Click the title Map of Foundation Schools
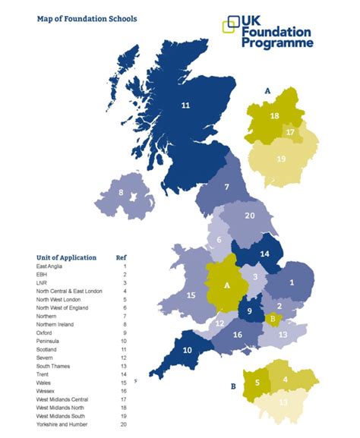pos(87,18)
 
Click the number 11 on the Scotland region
pos(185,106)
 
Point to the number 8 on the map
pos(121,193)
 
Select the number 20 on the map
pos(250,216)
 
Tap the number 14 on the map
pos(264,254)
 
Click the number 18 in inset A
pos(275,115)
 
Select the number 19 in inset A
pos(282,159)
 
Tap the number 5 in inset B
pos(257,383)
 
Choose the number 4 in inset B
pos(286,379)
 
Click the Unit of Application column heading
pos(67,257)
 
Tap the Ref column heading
pos(120,257)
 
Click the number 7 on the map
pos(227,186)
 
